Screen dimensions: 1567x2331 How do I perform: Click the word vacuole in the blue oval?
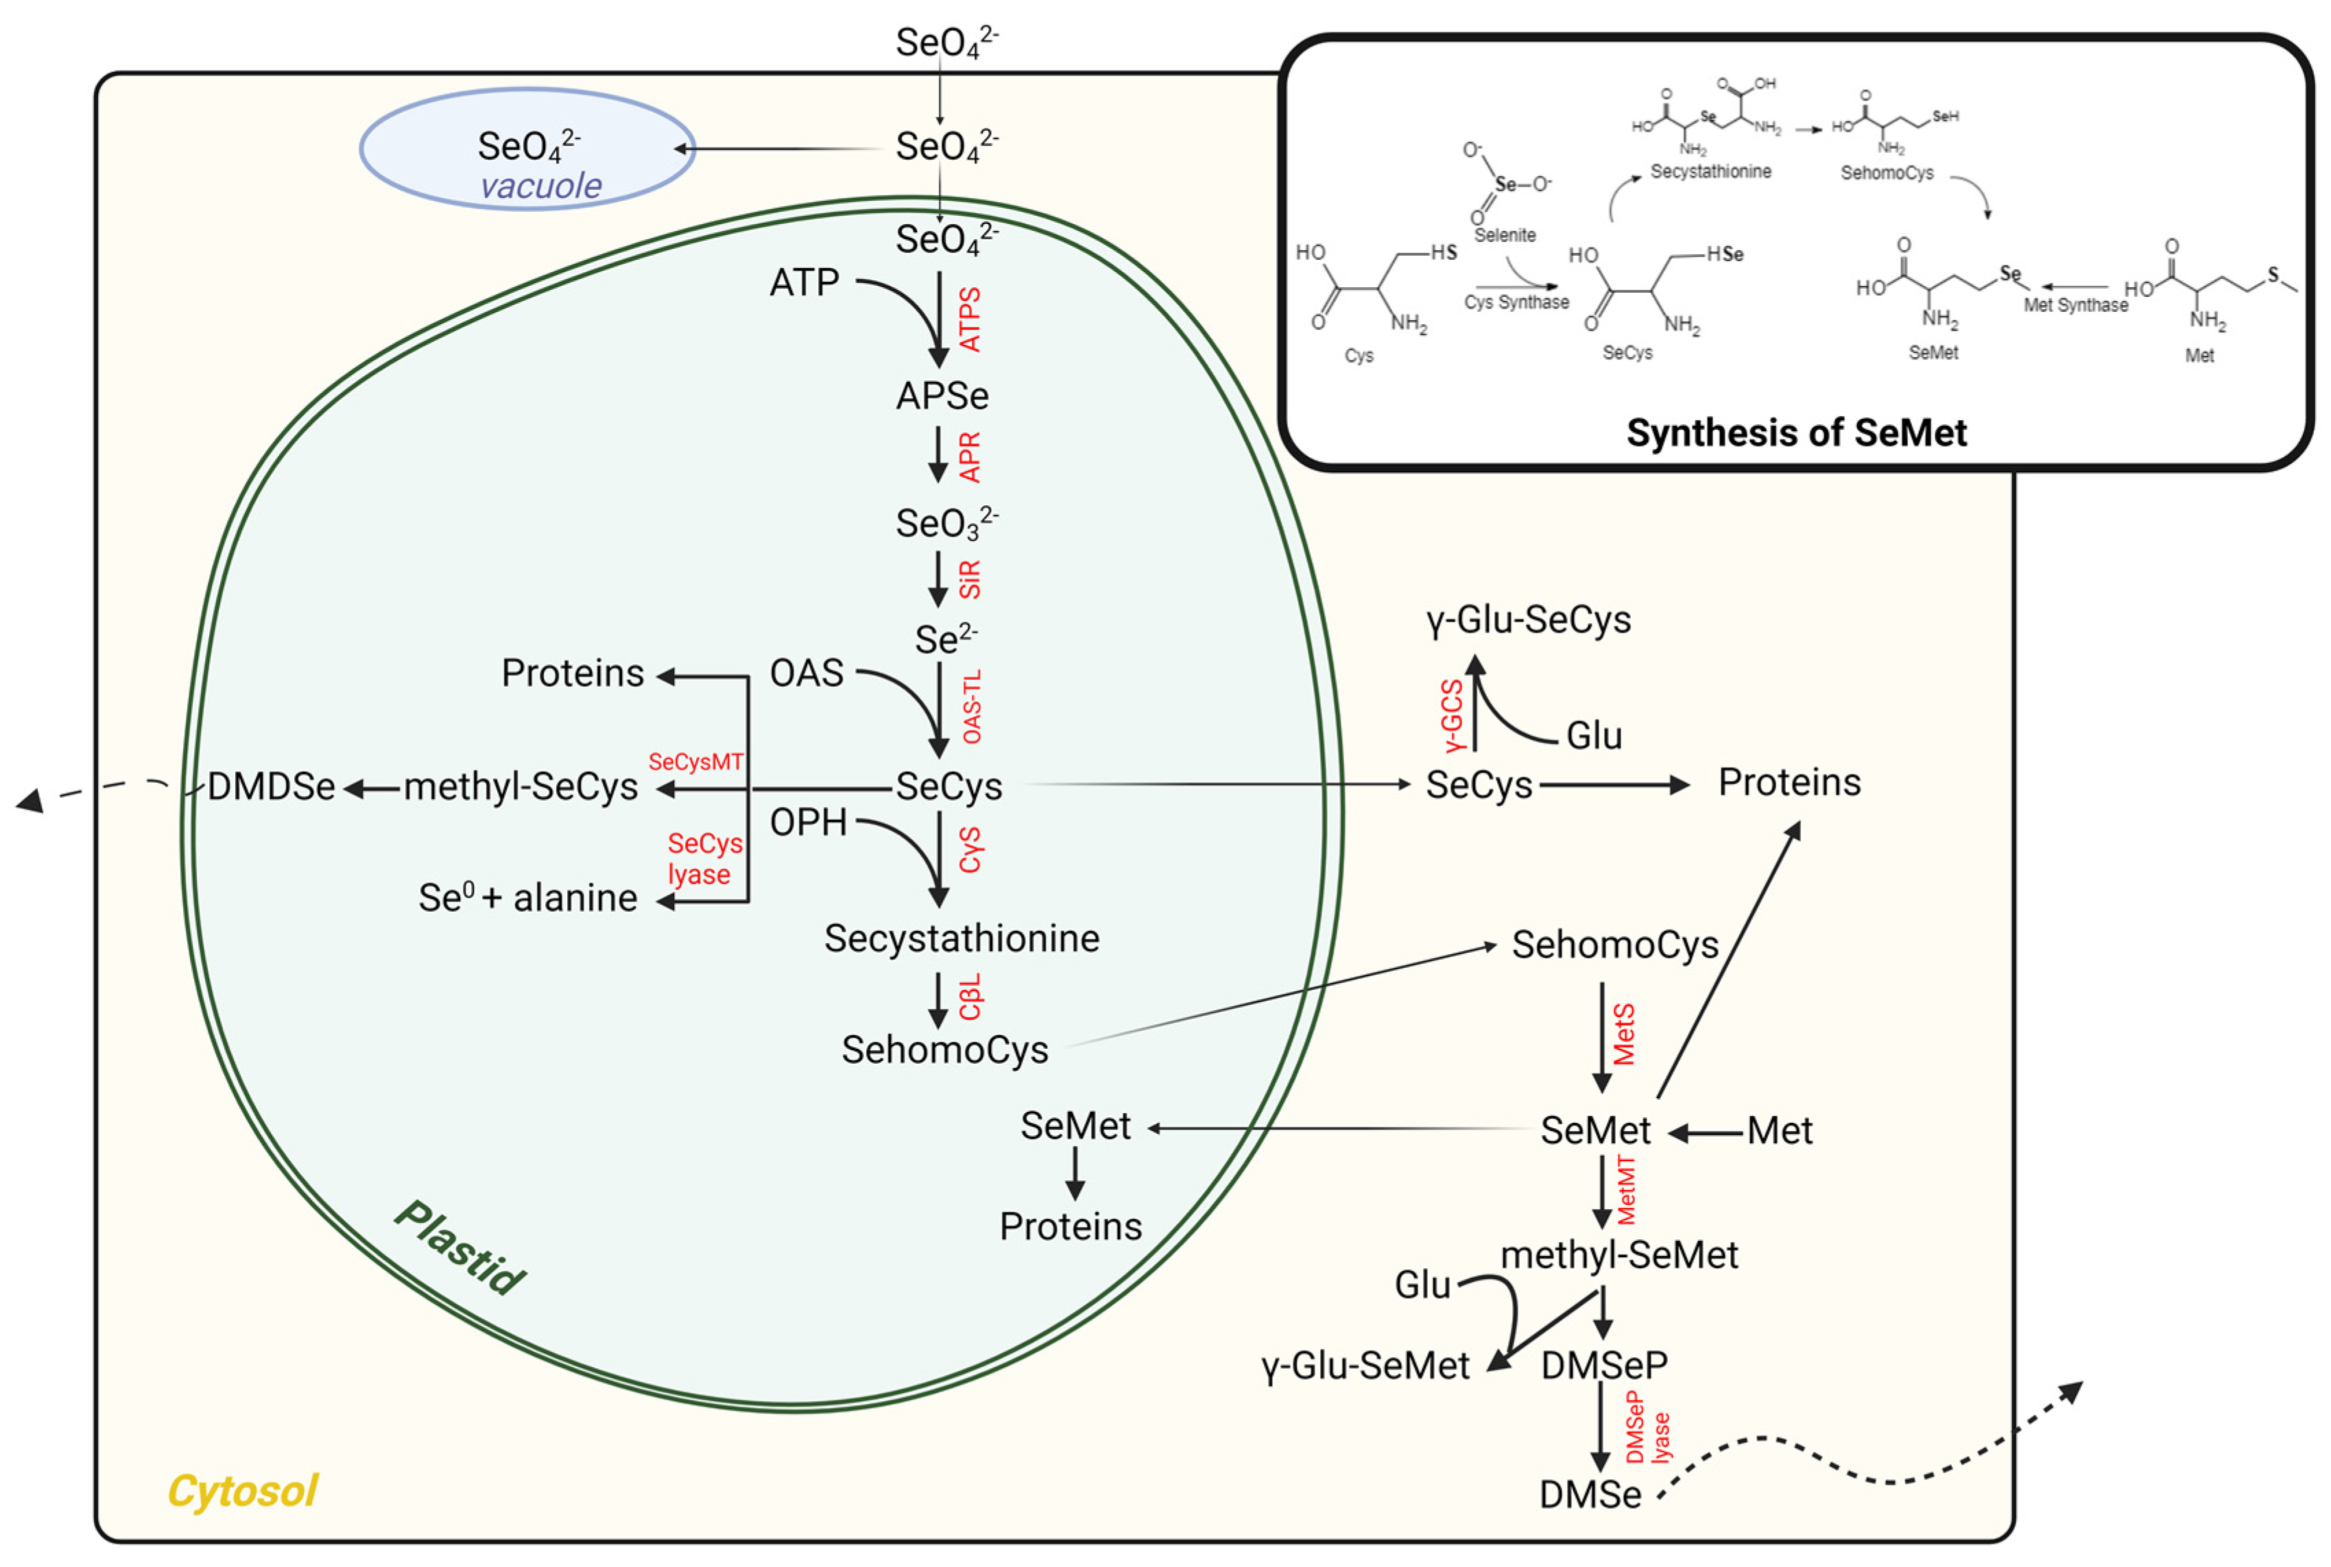(541, 186)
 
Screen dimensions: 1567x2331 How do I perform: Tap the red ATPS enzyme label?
(970, 320)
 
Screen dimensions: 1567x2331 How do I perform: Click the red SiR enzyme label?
(970, 580)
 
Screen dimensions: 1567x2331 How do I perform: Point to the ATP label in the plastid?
(804, 283)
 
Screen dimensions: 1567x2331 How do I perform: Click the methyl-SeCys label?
(520, 788)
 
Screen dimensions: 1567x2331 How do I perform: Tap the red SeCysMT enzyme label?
(695, 762)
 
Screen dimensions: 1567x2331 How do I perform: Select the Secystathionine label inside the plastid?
(961, 938)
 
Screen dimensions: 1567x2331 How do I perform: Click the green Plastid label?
(459, 1247)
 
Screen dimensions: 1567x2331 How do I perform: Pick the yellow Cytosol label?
(242, 1491)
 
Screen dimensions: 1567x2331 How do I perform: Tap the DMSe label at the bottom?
(1590, 1495)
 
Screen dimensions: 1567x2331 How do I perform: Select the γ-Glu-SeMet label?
(1365, 1366)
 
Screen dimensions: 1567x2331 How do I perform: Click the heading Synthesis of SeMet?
(1795, 433)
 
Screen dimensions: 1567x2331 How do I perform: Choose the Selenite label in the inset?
(1505, 236)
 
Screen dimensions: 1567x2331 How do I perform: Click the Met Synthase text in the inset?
(2075, 306)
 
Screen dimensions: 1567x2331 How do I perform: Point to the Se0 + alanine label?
(527, 899)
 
